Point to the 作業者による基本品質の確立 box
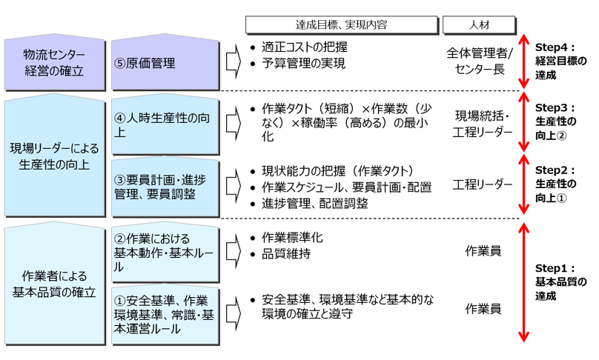point(53,284)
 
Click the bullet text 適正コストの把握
point(304,47)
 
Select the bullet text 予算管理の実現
point(303,64)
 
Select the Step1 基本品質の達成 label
point(560,282)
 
